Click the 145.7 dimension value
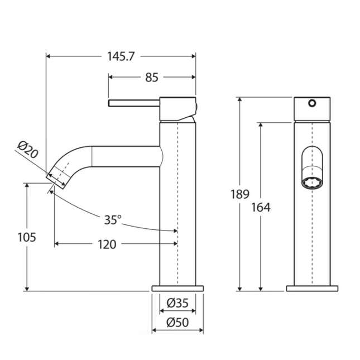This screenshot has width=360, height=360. coord(121,56)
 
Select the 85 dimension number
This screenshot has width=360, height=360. coord(151,78)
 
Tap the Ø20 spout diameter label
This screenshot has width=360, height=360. coord(27,150)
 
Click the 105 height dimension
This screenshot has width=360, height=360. coord(26,237)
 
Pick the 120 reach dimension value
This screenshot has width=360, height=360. coord(107,244)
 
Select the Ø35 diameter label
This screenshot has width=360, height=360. coord(177,304)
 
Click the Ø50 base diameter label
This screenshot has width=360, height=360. coord(177,323)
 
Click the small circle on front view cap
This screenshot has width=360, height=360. coord(312,103)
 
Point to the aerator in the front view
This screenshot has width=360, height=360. coord(311,182)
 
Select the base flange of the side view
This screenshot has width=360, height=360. coord(177,289)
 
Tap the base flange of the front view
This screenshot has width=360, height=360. coord(312,289)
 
